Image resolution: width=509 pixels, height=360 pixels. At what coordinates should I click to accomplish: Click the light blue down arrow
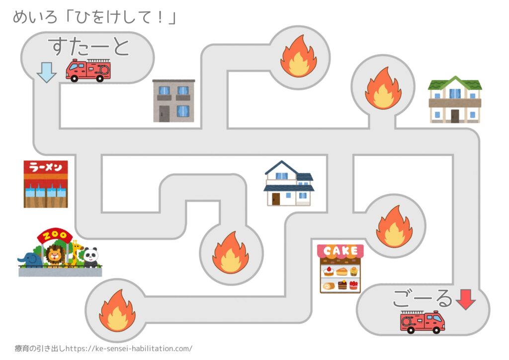pyautogui.click(x=47, y=74)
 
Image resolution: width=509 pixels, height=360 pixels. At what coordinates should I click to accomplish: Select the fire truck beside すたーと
pyautogui.click(x=88, y=70)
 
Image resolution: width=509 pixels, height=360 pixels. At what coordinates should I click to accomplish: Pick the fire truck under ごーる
pyautogui.click(x=423, y=322)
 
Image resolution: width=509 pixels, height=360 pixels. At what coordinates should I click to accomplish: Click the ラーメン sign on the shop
pyautogui.click(x=46, y=167)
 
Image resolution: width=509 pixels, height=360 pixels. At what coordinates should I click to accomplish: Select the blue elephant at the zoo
pyautogui.click(x=29, y=259)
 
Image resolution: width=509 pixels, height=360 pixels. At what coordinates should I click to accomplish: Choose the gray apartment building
pyautogui.click(x=173, y=100)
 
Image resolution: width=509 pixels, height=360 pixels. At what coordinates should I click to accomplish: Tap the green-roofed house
pyautogui.click(x=455, y=99)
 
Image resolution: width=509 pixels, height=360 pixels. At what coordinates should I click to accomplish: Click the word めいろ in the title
pyautogui.click(x=31, y=18)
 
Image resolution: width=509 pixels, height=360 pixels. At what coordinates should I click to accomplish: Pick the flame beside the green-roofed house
pyautogui.click(x=383, y=88)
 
